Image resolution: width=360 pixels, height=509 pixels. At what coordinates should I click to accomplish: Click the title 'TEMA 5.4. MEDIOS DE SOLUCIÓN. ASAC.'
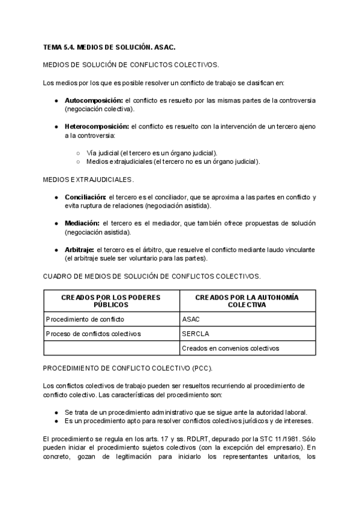[109, 46]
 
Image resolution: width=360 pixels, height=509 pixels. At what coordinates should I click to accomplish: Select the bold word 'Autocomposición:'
[93, 100]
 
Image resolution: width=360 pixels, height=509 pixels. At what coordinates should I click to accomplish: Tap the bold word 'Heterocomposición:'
[97, 127]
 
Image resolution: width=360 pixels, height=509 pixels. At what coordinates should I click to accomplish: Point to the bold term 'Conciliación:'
[85, 197]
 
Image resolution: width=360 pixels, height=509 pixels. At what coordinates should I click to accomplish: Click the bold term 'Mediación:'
[82, 223]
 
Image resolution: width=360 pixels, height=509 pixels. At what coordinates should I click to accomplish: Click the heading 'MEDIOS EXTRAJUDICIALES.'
[89, 179]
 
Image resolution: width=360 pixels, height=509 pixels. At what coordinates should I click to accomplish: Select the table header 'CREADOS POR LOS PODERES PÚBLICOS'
[111, 301]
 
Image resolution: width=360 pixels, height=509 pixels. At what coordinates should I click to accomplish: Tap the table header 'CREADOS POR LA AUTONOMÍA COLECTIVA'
[247, 301]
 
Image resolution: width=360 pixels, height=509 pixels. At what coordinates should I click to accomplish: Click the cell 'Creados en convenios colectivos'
[230, 348]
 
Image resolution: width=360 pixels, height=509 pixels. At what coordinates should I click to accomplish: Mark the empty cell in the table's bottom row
[111, 348]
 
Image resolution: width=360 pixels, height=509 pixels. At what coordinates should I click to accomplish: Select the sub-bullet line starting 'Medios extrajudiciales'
[173, 161]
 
